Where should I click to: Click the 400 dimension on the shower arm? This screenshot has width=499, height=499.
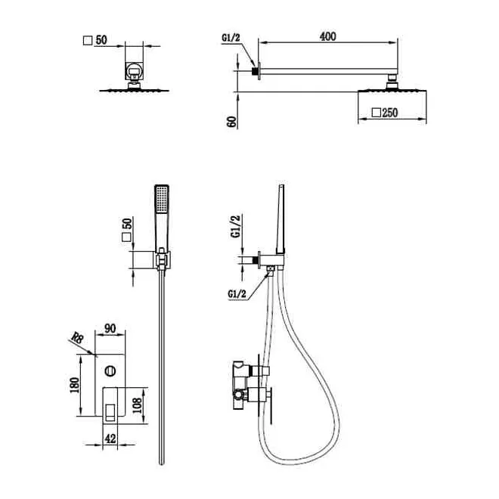click(327, 36)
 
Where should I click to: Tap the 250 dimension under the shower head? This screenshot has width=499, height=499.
click(390, 113)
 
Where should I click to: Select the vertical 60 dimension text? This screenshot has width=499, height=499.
click(232, 122)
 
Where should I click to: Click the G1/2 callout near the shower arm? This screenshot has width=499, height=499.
click(231, 38)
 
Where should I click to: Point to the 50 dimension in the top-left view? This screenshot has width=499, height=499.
click(101, 40)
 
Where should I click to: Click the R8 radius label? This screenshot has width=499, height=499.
click(77, 337)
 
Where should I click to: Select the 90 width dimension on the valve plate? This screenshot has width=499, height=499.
click(110, 328)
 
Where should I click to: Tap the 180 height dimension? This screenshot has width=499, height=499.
click(74, 385)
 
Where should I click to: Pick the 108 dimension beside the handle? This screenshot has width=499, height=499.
click(137, 405)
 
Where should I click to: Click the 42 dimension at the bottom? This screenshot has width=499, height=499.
click(110, 439)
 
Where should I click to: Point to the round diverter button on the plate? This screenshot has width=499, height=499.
click(110, 370)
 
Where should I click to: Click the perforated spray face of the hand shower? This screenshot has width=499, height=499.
click(162, 199)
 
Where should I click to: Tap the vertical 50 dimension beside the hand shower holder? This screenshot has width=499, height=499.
click(127, 224)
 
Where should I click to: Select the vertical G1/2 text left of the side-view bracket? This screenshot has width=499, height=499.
click(236, 226)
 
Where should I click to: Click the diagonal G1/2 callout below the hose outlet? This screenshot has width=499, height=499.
click(237, 294)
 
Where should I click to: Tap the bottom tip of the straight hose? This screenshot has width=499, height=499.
click(162, 463)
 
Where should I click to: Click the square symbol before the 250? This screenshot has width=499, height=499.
click(377, 113)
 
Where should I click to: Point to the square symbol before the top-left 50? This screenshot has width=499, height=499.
click(88, 40)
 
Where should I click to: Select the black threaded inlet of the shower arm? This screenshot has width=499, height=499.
click(255, 71)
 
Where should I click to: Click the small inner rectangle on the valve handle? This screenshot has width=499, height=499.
click(110, 412)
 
